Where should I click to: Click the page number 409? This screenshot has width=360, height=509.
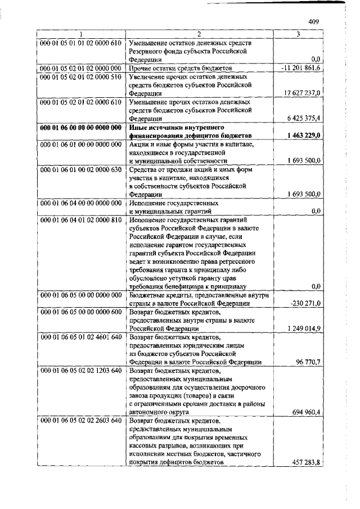pyautogui.click(x=314, y=22)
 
